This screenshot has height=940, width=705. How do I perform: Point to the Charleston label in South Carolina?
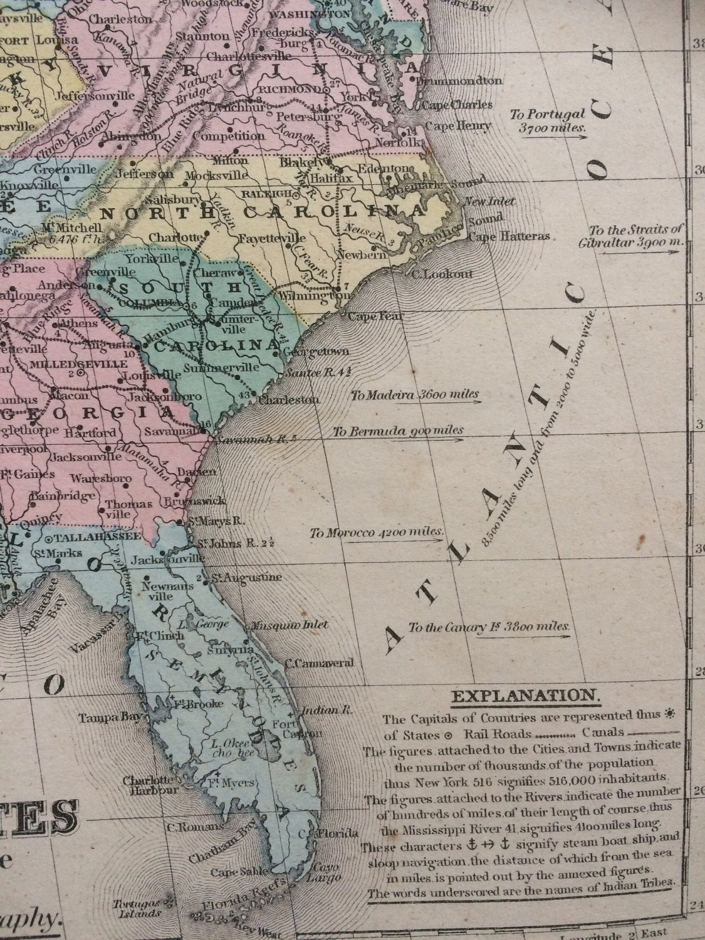[290, 399]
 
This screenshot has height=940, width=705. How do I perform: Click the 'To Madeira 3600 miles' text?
[415, 395]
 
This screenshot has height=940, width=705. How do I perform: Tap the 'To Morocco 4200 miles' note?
[377, 533]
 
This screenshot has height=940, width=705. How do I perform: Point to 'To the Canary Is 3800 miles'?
[489, 626]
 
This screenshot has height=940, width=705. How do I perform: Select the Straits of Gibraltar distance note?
[635, 236]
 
